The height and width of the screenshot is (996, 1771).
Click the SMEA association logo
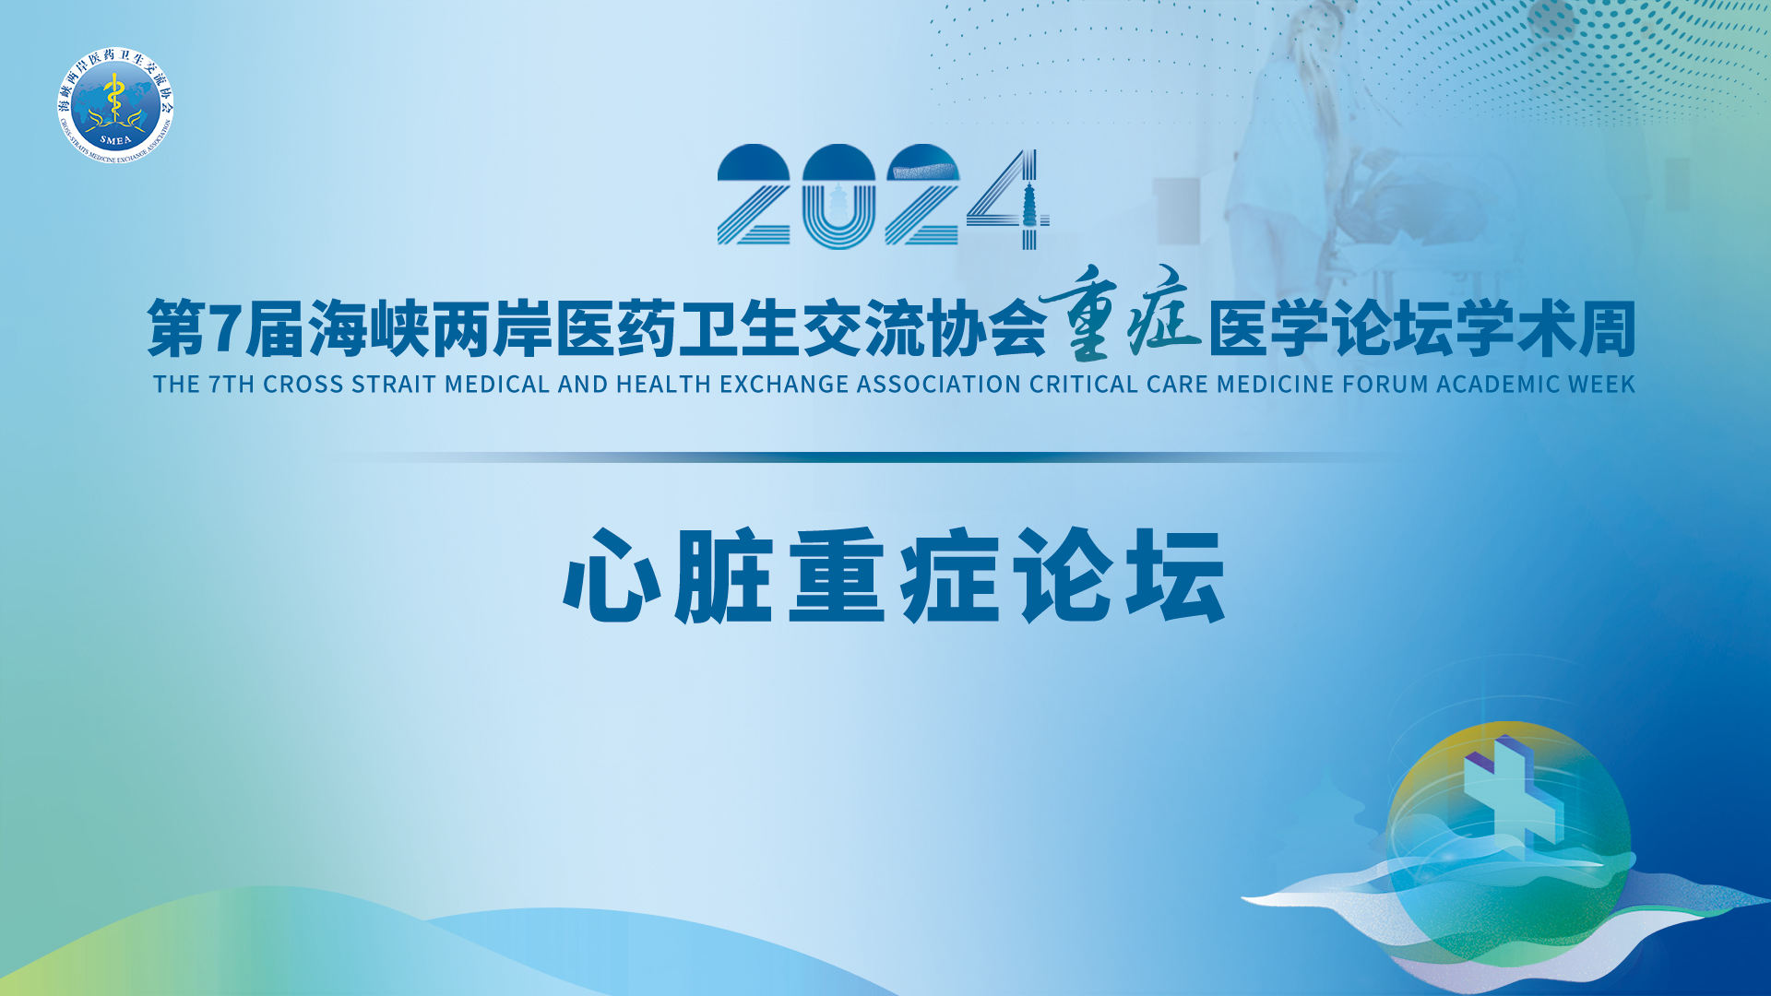tap(115, 105)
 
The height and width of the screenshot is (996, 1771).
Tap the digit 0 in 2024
tap(838, 196)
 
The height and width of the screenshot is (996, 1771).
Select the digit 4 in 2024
tap(1008, 199)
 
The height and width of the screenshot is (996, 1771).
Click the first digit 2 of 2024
tap(754, 196)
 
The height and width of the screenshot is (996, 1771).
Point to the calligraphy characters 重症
tap(1121, 314)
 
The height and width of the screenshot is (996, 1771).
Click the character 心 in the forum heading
tap(612, 575)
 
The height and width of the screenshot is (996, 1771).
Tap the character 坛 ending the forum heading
tap(1175, 575)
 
